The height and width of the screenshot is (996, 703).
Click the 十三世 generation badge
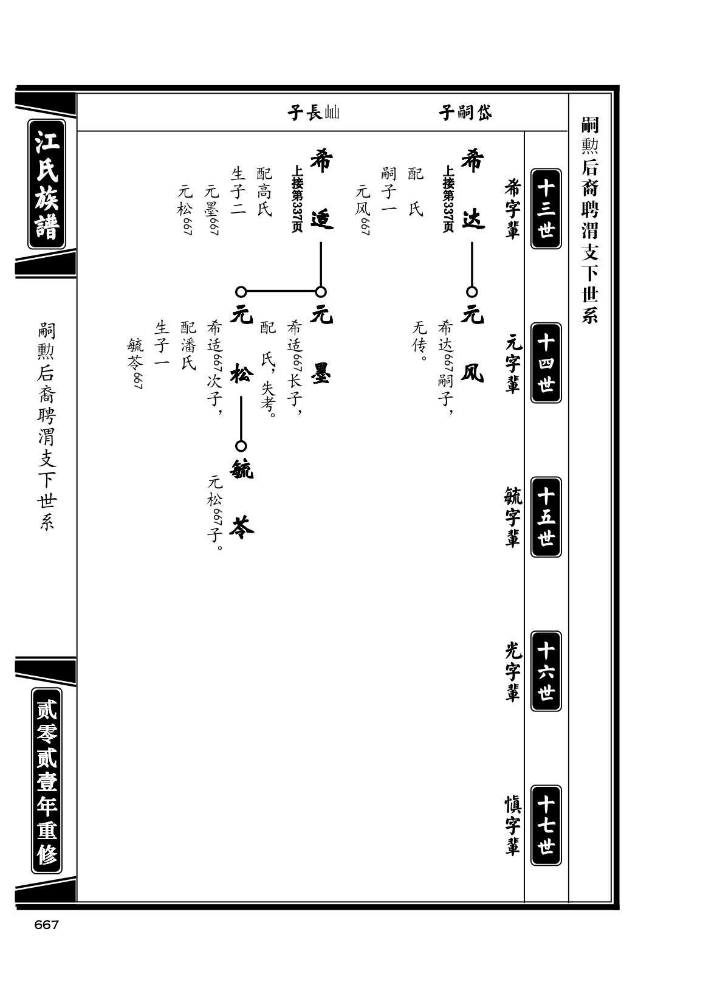[546, 209]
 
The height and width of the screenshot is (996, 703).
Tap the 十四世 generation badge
[546, 363]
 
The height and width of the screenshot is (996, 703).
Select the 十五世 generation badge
[546, 517]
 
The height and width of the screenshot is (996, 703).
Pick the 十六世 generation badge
[546, 671]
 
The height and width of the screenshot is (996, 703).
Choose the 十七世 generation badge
[546, 825]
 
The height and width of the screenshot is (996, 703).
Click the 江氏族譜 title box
[47, 184]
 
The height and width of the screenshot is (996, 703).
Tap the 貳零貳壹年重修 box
[47, 781]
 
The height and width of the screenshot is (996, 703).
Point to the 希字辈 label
[512, 209]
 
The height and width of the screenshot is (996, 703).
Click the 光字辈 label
[512, 671]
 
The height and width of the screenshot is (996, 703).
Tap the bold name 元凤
[472, 345]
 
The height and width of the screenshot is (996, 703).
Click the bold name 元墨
[321, 345]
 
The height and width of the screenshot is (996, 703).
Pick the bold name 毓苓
[241, 499]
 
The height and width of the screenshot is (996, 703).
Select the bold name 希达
[472, 190]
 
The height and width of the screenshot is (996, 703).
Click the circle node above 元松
[241, 292]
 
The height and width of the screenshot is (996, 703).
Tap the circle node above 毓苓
[241, 446]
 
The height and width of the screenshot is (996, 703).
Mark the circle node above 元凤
[472, 292]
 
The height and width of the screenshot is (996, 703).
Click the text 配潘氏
[188, 345]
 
